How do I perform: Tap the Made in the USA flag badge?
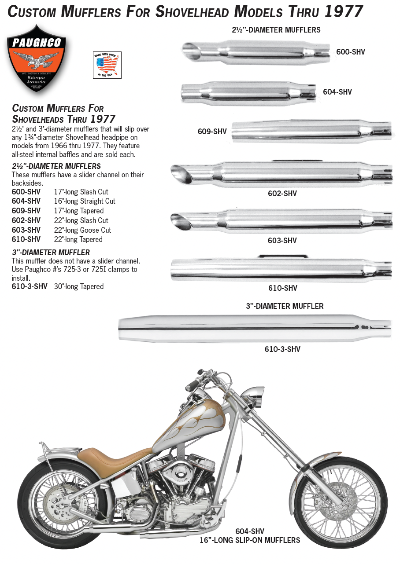[x=107, y=65]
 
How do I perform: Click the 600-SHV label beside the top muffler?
[x=350, y=52]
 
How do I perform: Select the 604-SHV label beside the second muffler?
[x=337, y=92]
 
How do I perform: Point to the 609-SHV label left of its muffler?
[x=212, y=132]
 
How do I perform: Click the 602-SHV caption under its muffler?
[x=282, y=194]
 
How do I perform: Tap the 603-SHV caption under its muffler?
[x=282, y=241]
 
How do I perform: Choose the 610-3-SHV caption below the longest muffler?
[x=282, y=349]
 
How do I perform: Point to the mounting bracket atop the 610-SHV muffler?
[x=283, y=256]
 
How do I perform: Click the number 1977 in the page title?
[x=343, y=11]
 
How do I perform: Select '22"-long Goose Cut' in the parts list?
[x=82, y=230]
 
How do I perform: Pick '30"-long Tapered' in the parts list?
[x=79, y=286]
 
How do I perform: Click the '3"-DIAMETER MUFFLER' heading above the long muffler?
[x=285, y=306]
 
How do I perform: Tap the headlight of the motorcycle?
[x=255, y=394]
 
